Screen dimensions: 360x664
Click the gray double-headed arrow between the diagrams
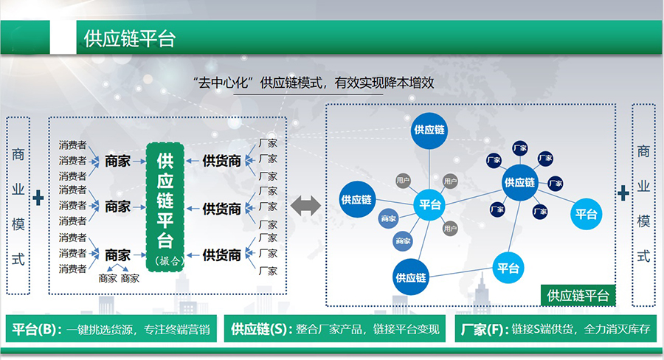click(305, 206)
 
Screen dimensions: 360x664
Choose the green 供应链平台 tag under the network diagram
click(578, 296)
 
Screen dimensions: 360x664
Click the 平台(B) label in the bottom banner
click(37, 329)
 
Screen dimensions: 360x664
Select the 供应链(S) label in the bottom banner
click(260, 329)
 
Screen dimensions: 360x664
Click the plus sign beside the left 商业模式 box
click(38, 198)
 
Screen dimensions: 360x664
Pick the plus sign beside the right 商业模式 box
click(623, 193)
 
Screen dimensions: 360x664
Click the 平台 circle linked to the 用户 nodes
click(430, 204)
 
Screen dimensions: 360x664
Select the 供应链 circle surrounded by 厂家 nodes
click(519, 181)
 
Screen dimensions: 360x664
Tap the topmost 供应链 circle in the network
click(430, 130)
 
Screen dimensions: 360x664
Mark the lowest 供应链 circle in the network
click(411, 277)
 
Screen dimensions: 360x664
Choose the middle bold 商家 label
click(117, 206)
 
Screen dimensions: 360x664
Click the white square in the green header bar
click(63, 38)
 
